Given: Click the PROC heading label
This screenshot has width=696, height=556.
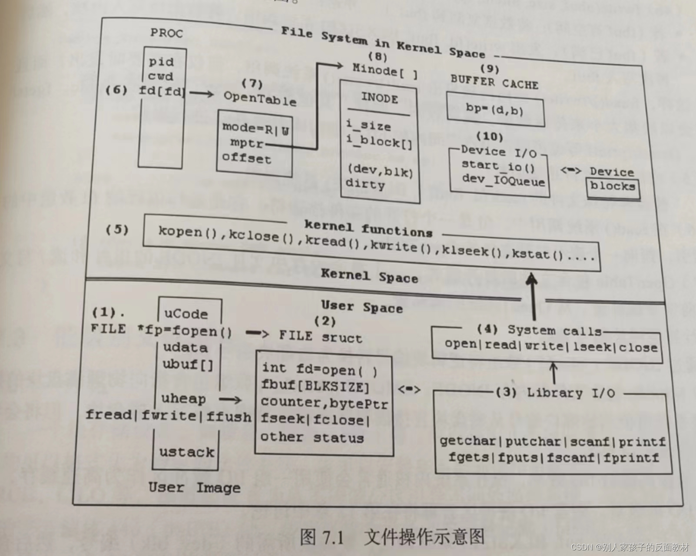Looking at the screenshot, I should click(166, 33).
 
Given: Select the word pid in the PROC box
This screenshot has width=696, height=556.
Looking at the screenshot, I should click(161, 62).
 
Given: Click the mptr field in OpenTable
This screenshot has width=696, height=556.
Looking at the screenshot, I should click(247, 142).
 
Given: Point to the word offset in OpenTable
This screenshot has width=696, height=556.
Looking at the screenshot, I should click(246, 158).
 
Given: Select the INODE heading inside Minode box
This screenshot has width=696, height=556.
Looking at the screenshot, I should click(379, 98).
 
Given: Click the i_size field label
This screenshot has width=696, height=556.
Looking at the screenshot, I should click(368, 126).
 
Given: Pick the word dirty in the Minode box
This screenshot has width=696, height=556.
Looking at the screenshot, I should click(365, 184).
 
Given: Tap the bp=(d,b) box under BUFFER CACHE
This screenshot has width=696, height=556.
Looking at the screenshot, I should click(495, 109).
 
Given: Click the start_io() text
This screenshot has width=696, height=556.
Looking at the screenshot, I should click(498, 165).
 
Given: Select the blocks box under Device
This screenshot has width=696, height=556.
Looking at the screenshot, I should click(613, 187).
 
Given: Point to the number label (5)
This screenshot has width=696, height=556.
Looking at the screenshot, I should click(117, 229).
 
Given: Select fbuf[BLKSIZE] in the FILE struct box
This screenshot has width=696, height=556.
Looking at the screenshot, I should click(315, 386).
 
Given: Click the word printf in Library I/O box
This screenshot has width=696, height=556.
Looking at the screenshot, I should click(642, 442).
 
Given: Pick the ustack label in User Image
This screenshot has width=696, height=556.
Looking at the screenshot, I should click(187, 452).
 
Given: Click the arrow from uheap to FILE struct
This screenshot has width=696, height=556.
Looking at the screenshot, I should click(230, 400).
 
